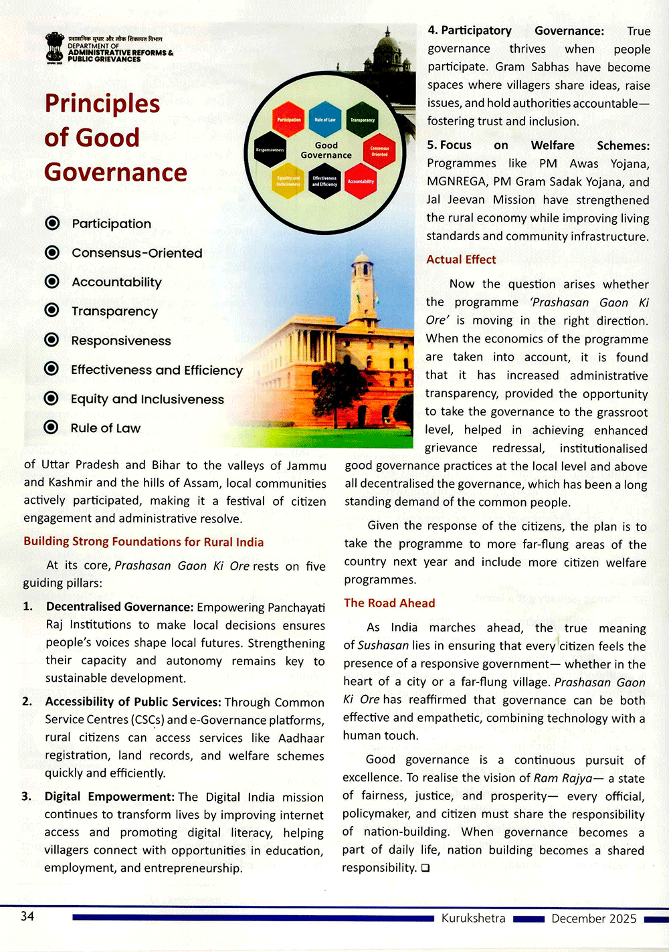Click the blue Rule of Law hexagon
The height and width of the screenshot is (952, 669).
pyautogui.click(x=325, y=120)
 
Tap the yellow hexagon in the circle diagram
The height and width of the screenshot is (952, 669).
pyautogui.click(x=288, y=181)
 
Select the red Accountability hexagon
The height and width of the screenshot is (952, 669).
pyautogui.click(x=361, y=181)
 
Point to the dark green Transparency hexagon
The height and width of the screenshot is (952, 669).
pyautogui.click(x=363, y=120)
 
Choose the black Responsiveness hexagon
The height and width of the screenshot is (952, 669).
pyautogui.click(x=270, y=151)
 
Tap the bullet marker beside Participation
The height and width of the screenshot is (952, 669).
pyautogui.click(x=52, y=223)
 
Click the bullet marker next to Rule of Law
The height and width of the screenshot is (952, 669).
pyautogui.click(x=51, y=427)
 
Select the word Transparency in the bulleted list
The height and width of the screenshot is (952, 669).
pyautogui.click(x=114, y=311)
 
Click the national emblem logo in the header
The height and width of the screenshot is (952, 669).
pyautogui.click(x=55, y=48)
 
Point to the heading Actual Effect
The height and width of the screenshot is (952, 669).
pyautogui.click(x=461, y=260)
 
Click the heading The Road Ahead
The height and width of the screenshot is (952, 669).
pyautogui.click(x=389, y=603)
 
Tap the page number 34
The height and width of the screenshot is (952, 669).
pyautogui.click(x=27, y=916)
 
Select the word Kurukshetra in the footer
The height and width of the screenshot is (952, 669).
pyautogui.click(x=473, y=918)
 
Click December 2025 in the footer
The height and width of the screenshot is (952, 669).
pyautogui.click(x=593, y=919)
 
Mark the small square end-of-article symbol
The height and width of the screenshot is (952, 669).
pyautogui.click(x=425, y=868)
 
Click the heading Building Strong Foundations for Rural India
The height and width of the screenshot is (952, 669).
pyautogui.click(x=143, y=541)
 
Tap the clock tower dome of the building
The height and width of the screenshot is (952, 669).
pyautogui.click(x=362, y=258)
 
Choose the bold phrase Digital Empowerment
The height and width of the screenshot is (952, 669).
pyautogui.click(x=109, y=797)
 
